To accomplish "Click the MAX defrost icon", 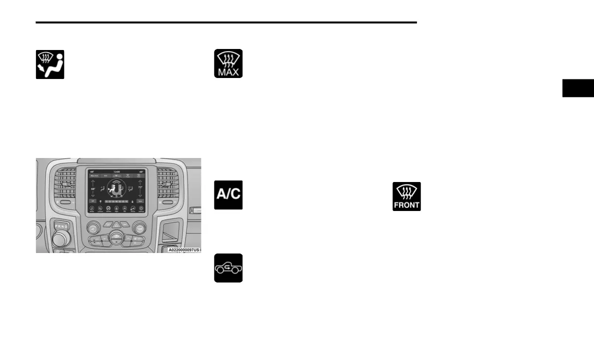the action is [228, 63].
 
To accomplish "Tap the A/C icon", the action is [228, 195].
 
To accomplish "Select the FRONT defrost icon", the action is [406, 196].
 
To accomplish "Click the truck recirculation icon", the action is [228, 268].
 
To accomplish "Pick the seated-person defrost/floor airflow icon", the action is [50, 64].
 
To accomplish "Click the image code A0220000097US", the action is [183, 249].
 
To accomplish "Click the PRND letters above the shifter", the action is [60, 225].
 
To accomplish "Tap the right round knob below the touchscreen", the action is [140, 228].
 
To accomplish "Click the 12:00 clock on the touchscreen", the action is [116, 171].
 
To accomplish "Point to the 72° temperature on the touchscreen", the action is [140, 187].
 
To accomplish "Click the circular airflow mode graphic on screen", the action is [116, 189].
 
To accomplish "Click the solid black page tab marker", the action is [578, 88].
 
